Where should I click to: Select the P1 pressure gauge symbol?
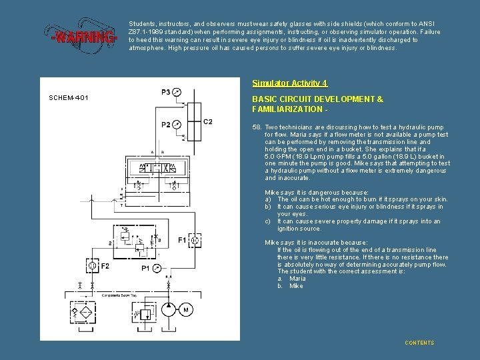[156, 267]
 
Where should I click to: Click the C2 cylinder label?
[208, 121]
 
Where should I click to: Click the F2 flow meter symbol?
[85, 267]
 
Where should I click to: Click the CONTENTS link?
[419, 343]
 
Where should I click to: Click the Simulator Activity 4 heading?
[290, 83]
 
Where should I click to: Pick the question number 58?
[257, 127]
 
